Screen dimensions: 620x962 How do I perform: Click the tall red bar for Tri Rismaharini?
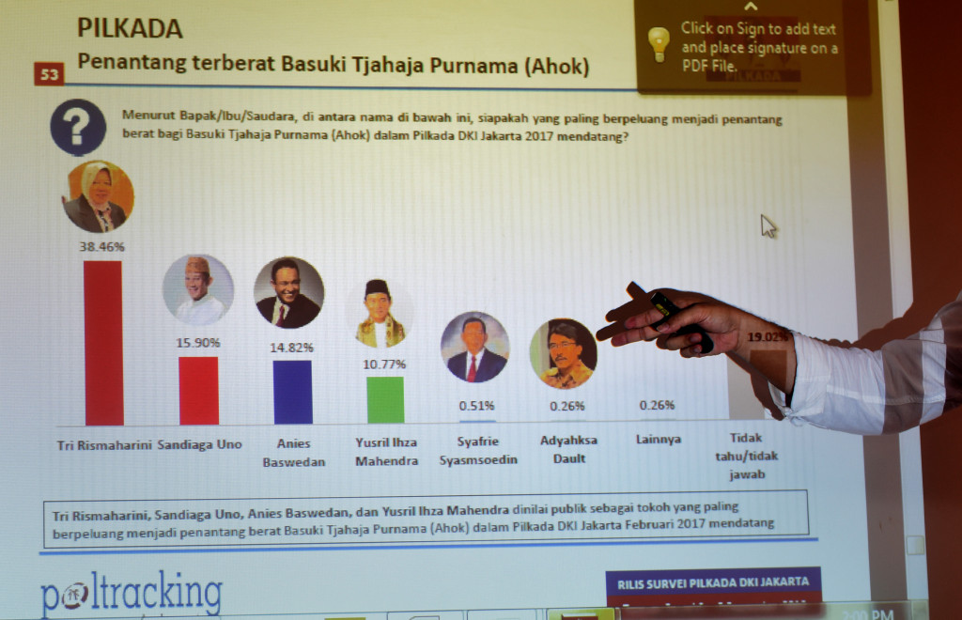pos(102,343)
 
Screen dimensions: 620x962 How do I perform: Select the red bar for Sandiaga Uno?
pos(198,390)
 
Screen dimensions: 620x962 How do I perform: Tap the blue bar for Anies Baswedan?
pos(291,392)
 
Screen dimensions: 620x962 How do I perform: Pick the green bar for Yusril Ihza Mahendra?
pos(385,399)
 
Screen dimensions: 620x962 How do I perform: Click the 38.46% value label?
pos(101,247)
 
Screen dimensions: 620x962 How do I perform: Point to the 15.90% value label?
pos(197,343)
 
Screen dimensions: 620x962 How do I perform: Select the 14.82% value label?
pos(291,347)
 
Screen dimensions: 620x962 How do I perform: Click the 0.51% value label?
pos(477,407)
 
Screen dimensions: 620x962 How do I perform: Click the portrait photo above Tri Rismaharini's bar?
pos(98,196)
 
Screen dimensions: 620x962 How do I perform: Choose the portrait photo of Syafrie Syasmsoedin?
pos(474,348)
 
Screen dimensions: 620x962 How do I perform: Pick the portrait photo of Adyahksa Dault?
pos(563,354)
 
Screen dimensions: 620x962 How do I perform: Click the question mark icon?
pos(77,128)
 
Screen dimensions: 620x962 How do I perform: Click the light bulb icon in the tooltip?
pos(659,42)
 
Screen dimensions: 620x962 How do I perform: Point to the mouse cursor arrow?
pos(768,225)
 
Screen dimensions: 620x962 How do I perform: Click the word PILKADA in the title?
pos(130,29)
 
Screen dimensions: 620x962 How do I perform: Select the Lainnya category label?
pos(659,440)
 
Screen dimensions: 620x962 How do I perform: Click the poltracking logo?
pos(132,595)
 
